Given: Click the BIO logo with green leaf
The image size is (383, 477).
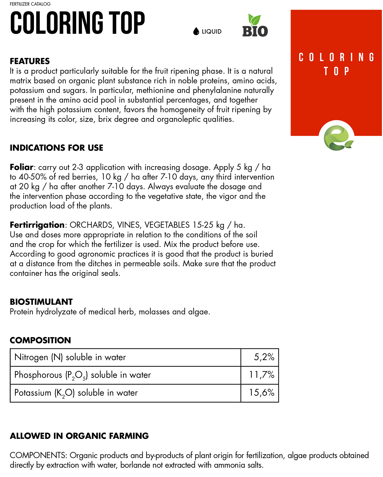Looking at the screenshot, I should pos(255,26).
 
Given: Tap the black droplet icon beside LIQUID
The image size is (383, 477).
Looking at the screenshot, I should pos(196,31).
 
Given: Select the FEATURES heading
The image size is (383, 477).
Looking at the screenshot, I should pos(30,61).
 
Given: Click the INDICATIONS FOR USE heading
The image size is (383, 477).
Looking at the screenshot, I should pos(56,148).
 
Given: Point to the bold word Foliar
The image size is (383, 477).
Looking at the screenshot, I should pos(21,167).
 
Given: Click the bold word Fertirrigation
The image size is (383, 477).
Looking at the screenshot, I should pos(37,225).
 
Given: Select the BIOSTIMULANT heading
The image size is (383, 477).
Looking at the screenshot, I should pos(41,302).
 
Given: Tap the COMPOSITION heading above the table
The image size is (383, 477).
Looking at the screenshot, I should pos(40,340).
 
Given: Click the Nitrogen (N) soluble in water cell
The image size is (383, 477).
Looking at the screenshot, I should pos(70,357).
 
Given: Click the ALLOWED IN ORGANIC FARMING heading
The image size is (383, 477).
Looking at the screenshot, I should pos(79,436).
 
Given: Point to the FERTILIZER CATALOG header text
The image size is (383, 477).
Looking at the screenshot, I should pos(30,4).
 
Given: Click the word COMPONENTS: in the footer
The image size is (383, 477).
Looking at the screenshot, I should pos(38,455).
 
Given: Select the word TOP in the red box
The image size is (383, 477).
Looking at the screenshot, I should pos(336,71).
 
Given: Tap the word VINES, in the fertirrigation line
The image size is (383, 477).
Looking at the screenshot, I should pos(129,225).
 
